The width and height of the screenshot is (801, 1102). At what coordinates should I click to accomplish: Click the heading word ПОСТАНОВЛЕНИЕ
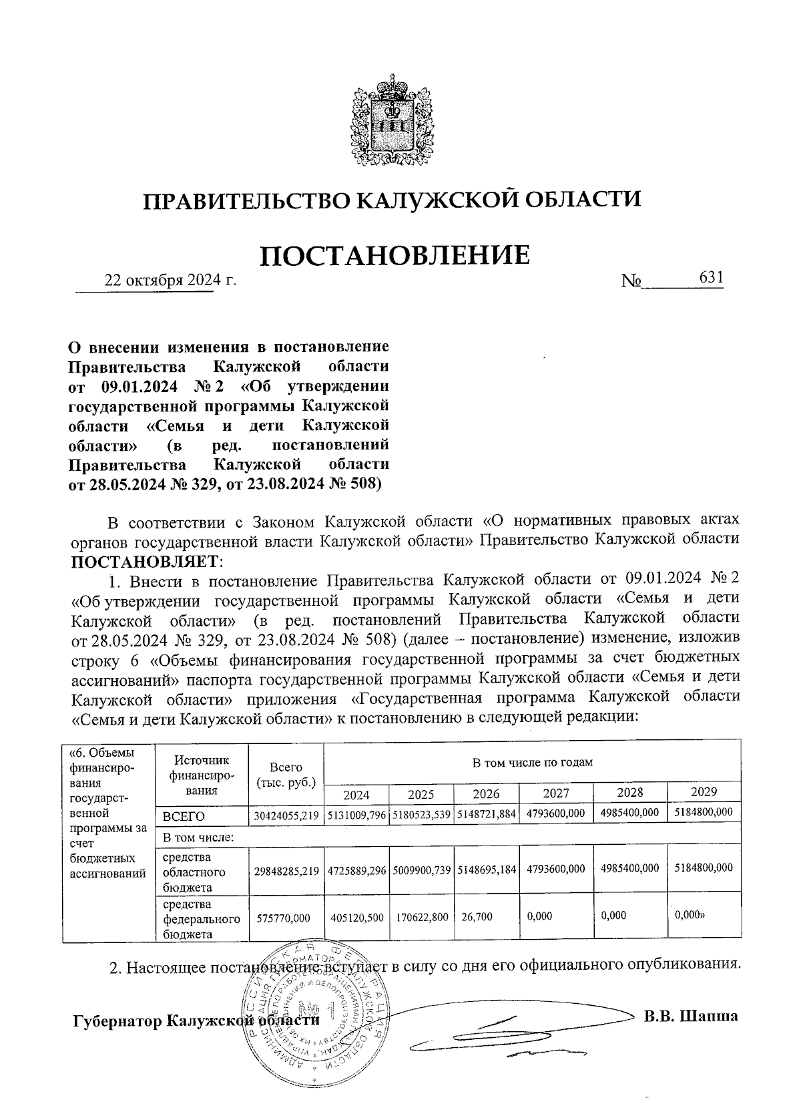(x=394, y=255)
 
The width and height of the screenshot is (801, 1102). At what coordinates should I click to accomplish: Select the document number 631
(x=711, y=277)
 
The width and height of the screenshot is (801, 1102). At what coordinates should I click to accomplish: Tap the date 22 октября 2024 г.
(x=171, y=281)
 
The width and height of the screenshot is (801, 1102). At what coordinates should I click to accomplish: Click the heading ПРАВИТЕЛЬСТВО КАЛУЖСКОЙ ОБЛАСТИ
(x=393, y=200)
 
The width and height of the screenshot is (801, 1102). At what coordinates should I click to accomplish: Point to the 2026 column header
(x=486, y=794)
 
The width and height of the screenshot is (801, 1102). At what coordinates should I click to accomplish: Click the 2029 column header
(x=704, y=792)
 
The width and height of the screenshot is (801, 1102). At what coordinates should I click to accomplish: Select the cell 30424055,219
(x=286, y=815)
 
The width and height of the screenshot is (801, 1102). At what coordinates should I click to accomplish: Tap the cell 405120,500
(x=356, y=918)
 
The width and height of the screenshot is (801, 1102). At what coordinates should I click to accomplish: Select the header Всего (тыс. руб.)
(x=286, y=775)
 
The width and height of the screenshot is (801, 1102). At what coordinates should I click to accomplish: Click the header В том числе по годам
(x=532, y=762)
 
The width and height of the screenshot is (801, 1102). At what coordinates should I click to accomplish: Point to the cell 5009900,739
(x=421, y=869)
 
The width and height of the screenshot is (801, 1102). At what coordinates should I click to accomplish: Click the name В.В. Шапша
(x=691, y=1017)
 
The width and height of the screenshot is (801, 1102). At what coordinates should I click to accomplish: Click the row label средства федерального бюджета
(x=200, y=919)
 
